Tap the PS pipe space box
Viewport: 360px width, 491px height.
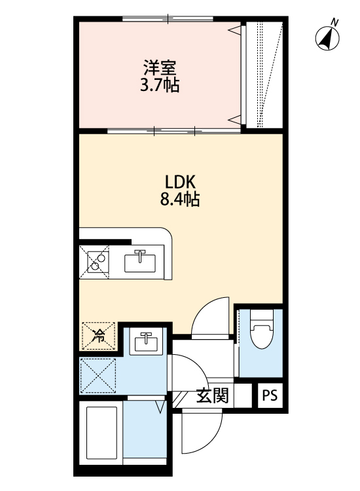270,396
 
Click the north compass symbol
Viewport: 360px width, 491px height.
327,39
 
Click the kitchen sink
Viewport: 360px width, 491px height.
140,262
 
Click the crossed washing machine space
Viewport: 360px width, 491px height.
98,376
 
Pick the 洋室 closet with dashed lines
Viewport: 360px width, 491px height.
264,75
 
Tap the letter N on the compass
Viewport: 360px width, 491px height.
334,22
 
